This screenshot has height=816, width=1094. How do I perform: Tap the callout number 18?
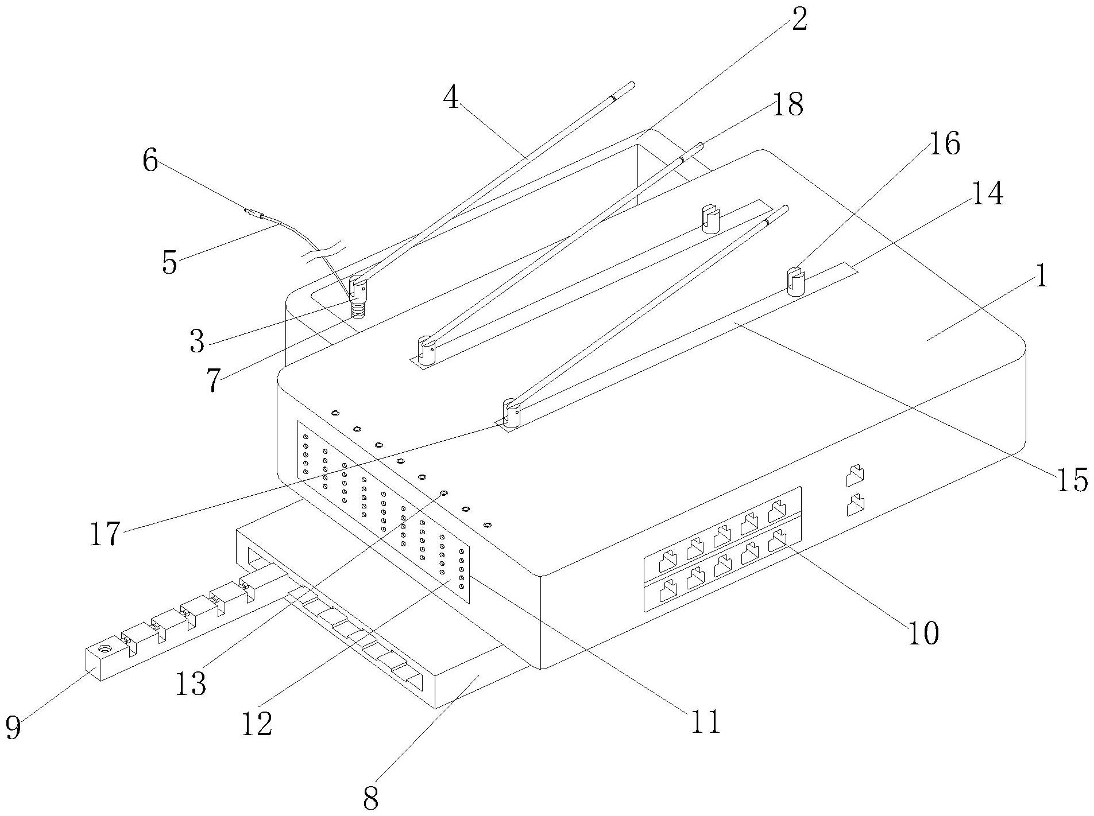(787, 104)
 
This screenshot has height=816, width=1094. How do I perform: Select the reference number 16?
(944, 143)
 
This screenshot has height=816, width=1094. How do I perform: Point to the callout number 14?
(987, 194)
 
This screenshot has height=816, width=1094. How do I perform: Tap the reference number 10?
(923, 633)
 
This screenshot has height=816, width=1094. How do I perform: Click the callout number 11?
(705, 721)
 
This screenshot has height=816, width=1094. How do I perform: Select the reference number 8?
(372, 798)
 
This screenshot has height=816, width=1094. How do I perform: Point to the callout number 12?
(257, 724)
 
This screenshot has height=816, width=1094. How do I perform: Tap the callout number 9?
(13, 728)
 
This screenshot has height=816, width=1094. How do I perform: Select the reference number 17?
(106, 534)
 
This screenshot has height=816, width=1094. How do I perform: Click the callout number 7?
(214, 380)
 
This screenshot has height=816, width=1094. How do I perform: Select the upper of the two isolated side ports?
(856, 475)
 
